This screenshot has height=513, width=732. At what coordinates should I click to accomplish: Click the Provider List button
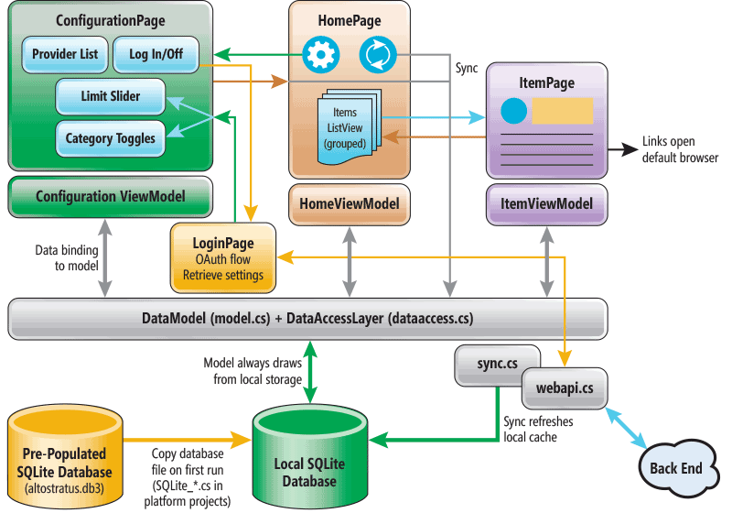65,55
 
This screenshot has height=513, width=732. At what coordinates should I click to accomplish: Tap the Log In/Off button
156,55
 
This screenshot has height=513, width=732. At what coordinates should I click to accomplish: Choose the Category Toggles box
110,139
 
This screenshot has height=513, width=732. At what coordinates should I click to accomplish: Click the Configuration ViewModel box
110,196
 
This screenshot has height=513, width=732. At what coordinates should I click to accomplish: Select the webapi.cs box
564,389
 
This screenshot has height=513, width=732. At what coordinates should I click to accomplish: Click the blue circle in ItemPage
514,113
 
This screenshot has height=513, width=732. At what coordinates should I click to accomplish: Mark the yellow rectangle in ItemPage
562,112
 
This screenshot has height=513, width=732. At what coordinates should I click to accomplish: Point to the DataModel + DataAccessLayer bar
307,319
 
